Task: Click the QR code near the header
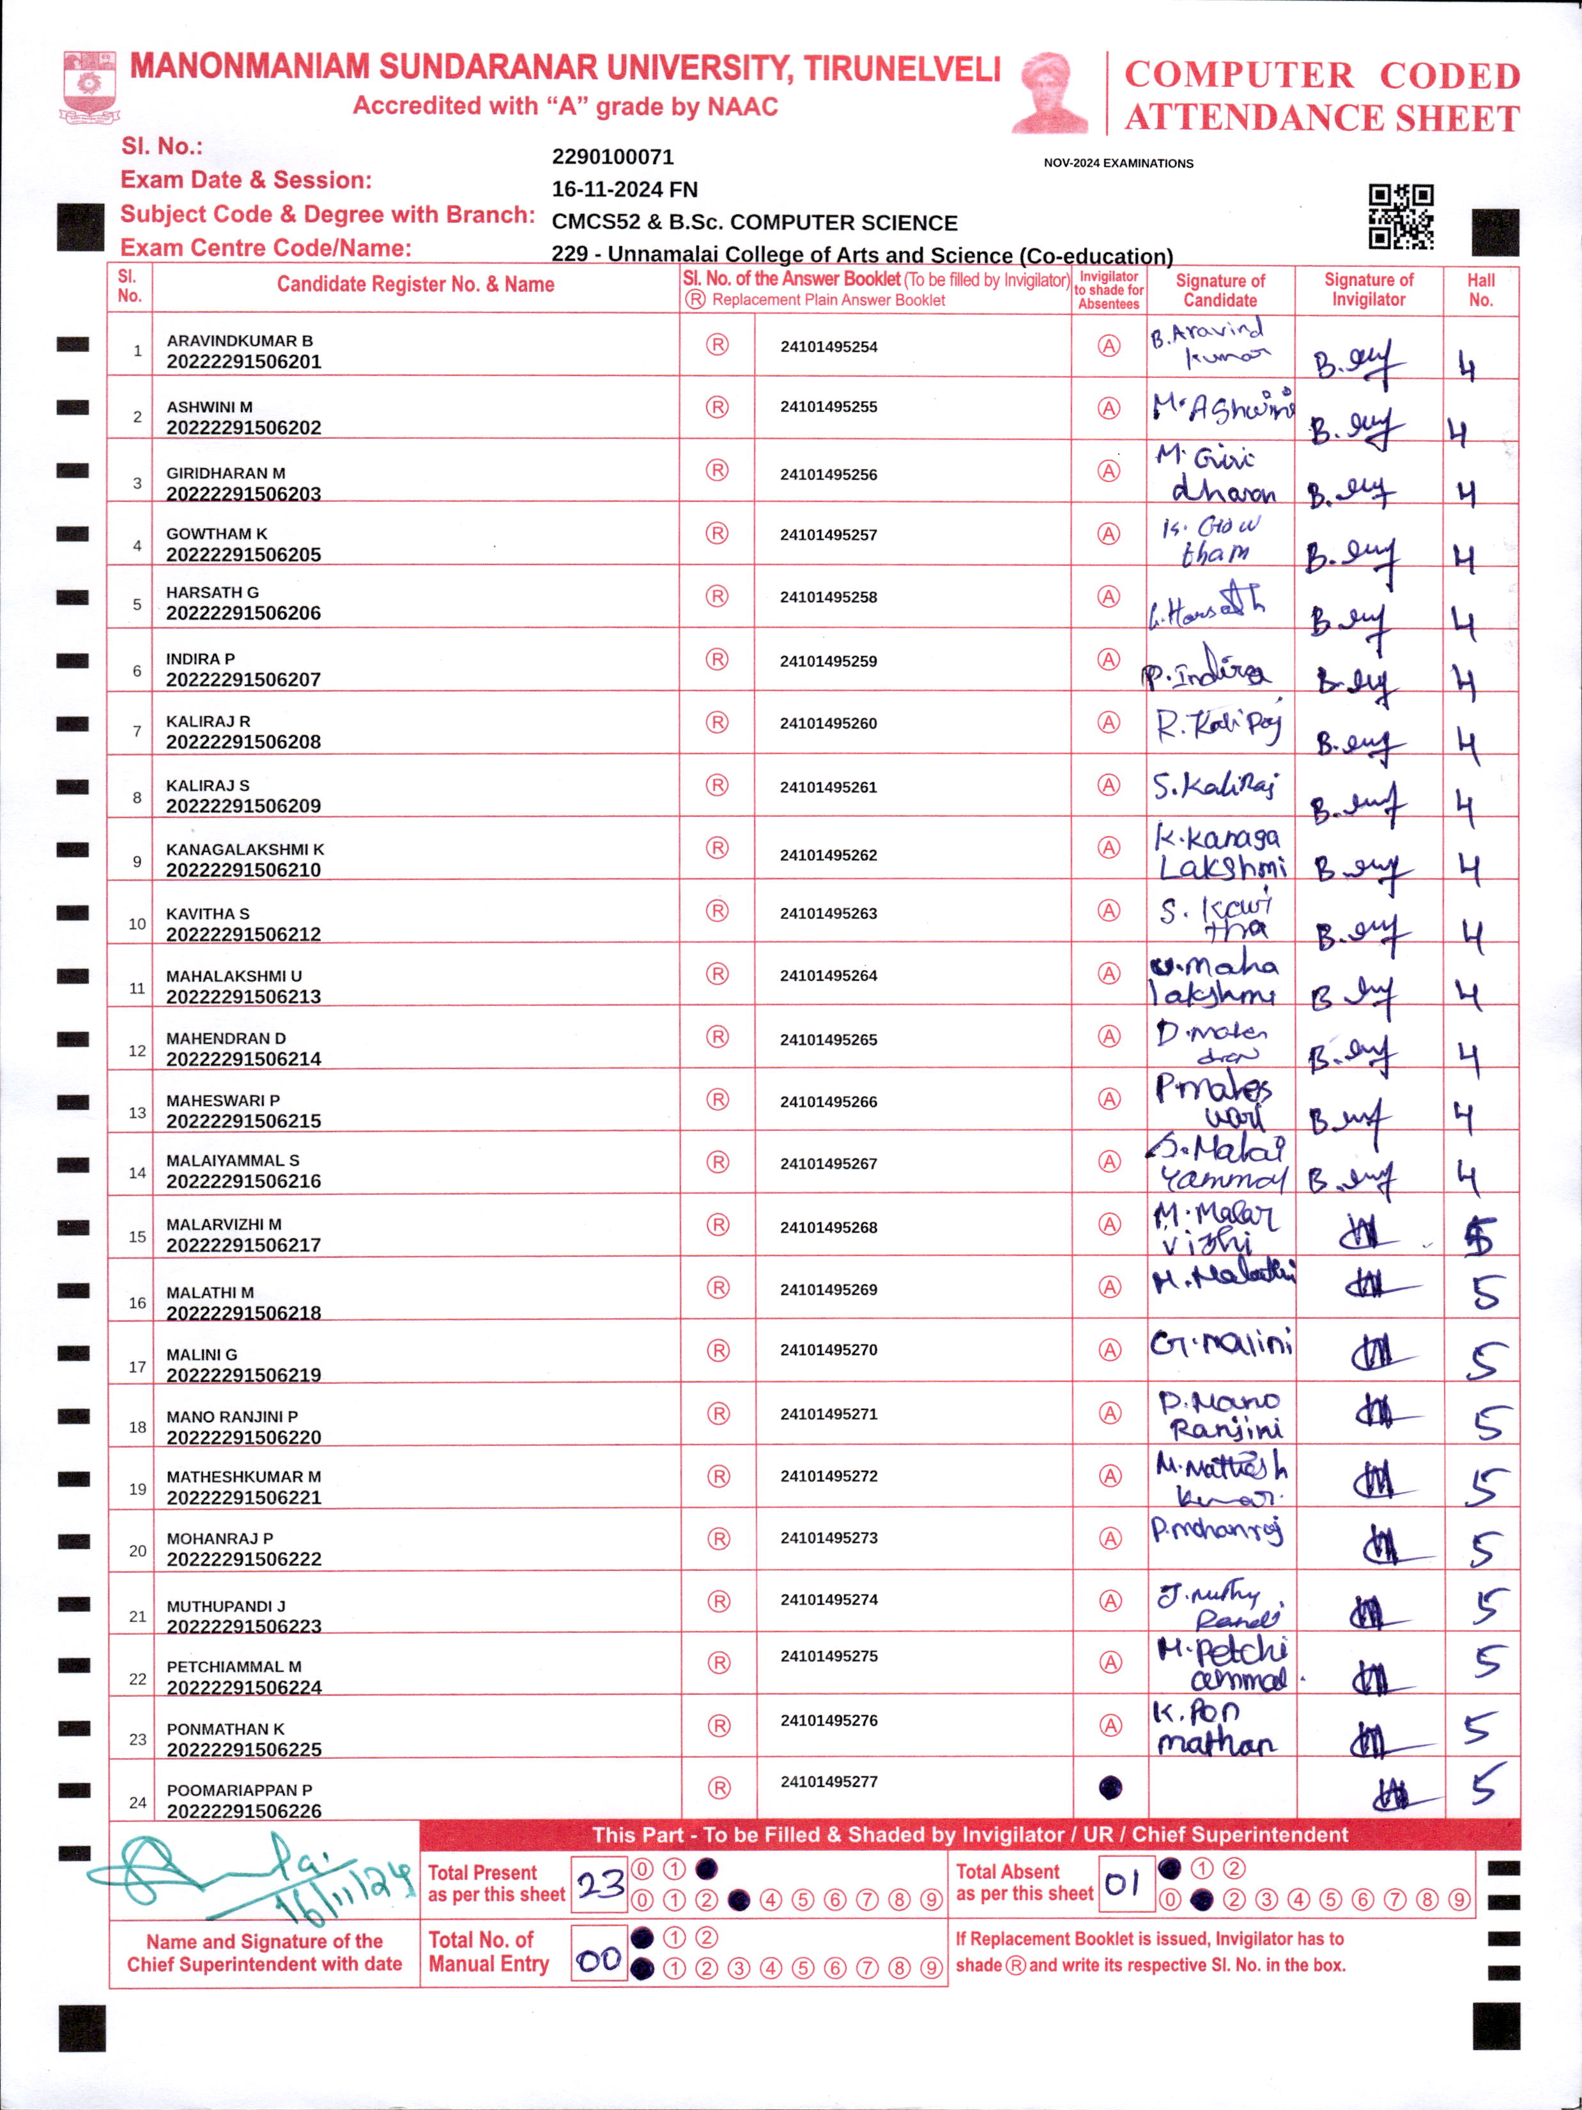click(1400, 216)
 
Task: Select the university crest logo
click(89, 87)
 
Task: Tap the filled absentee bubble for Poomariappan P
click(1110, 1787)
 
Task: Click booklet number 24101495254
click(828, 346)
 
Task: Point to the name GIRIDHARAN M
click(225, 473)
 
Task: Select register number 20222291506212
click(243, 934)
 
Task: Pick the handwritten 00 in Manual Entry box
click(599, 1960)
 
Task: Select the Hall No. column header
click(1480, 290)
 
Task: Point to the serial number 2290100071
click(613, 156)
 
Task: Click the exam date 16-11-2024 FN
click(624, 189)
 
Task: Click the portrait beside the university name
click(1050, 93)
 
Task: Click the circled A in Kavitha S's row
click(1108, 910)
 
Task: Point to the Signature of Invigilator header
click(1367, 290)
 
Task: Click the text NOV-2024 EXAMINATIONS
click(1117, 163)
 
